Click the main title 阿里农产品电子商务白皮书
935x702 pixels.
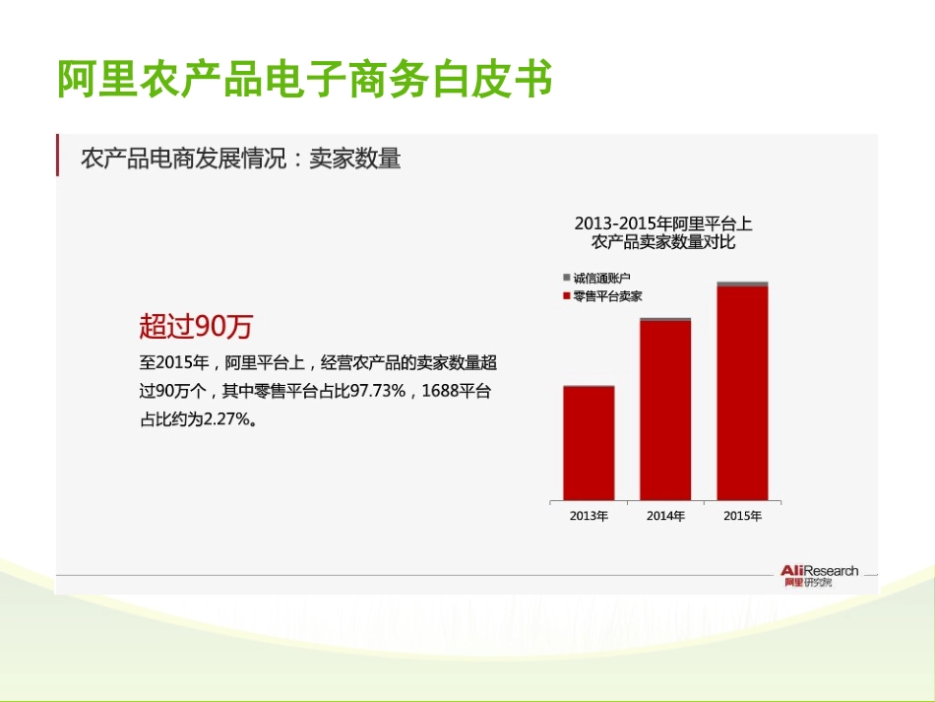coord(304,80)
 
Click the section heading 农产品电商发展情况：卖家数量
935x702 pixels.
coord(240,159)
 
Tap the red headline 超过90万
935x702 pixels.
coord(201,326)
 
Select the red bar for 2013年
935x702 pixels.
coord(589,443)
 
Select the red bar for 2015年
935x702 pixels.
coord(742,393)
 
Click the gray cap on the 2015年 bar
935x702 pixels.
coord(742,284)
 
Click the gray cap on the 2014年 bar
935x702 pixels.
coord(665,319)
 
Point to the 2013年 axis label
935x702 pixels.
coord(589,516)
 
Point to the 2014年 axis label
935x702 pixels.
coord(665,516)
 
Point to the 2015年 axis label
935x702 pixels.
coord(742,516)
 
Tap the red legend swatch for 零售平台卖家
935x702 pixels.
coord(566,295)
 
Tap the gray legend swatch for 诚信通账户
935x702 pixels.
coord(566,279)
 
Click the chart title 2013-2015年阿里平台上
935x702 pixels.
coord(663,223)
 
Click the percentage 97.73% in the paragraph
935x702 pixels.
coord(379,391)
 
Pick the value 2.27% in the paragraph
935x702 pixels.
coord(227,419)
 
